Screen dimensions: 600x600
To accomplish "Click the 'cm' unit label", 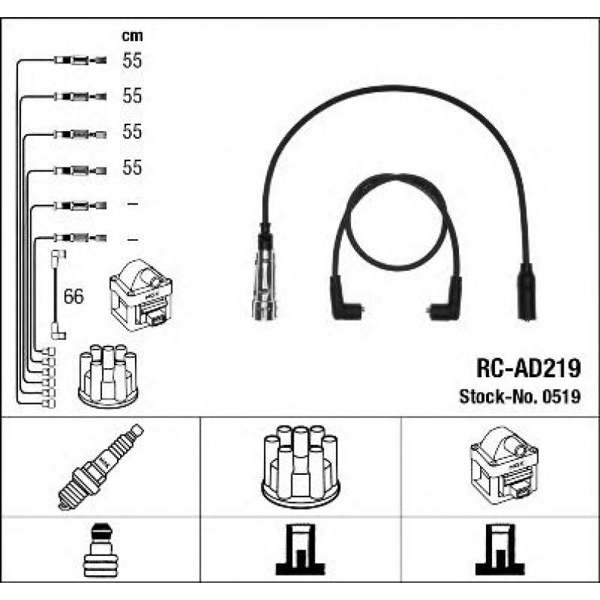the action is tap(132, 36).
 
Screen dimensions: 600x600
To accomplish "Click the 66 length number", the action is tap(74, 296).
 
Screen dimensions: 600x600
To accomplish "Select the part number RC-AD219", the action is tap(528, 368).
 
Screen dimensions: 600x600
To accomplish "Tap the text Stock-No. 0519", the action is tap(520, 397).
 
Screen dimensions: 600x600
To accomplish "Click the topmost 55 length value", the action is tap(132, 60).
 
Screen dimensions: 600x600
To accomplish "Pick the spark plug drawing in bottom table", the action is tap(101, 467).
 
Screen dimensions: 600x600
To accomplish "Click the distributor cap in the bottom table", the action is tap(300, 467).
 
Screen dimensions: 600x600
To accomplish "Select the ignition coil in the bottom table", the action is tap(504, 465).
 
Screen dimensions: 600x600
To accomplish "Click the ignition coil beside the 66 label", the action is tap(141, 295).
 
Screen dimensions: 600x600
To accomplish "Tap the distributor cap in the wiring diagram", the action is tap(108, 376).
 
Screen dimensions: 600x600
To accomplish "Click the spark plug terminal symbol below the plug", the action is tap(101, 550).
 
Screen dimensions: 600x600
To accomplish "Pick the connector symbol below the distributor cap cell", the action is tap(300, 549).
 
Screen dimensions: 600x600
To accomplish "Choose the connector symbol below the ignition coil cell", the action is tap(499, 549).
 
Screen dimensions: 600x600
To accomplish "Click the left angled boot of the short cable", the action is tap(345, 298).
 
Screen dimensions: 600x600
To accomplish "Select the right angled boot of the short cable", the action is tap(446, 298).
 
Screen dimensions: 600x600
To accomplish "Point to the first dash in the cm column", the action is tap(133, 204).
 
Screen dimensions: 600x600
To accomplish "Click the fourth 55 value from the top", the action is tap(132, 167).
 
